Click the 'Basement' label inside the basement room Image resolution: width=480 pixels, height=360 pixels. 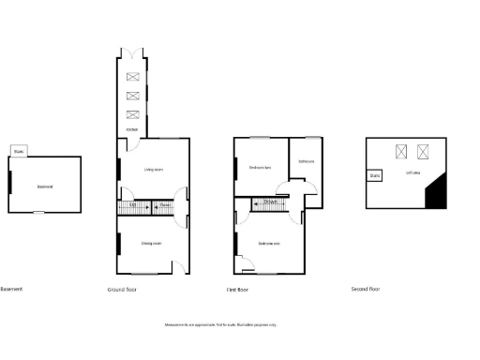click(x=44, y=187)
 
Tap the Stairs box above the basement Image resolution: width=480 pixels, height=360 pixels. click(x=20, y=150)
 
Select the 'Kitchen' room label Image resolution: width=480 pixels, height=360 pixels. click(x=132, y=129)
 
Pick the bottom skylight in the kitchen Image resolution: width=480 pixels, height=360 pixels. click(x=132, y=114)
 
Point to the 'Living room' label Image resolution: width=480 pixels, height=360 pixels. click(x=153, y=170)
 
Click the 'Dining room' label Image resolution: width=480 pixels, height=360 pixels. click(x=151, y=244)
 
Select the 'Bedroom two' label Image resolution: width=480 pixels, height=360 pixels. click(x=260, y=168)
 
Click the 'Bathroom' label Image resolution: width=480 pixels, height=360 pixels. click(x=306, y=161)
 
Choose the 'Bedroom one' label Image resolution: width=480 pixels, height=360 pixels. click(x=269, y=244)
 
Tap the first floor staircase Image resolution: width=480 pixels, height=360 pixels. click(x=269, y=202)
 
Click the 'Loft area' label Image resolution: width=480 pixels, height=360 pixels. click(x=412, y=173)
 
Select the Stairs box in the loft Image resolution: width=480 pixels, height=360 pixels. click(x=375, y=174)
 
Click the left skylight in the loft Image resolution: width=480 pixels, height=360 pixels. click(x=401, y=150)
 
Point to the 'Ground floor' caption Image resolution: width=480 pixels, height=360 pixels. click(x=122, y=290)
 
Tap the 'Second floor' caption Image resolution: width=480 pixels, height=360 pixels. click(x=366, y=290)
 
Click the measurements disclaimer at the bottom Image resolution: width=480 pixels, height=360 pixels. click(x=221, y=324)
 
